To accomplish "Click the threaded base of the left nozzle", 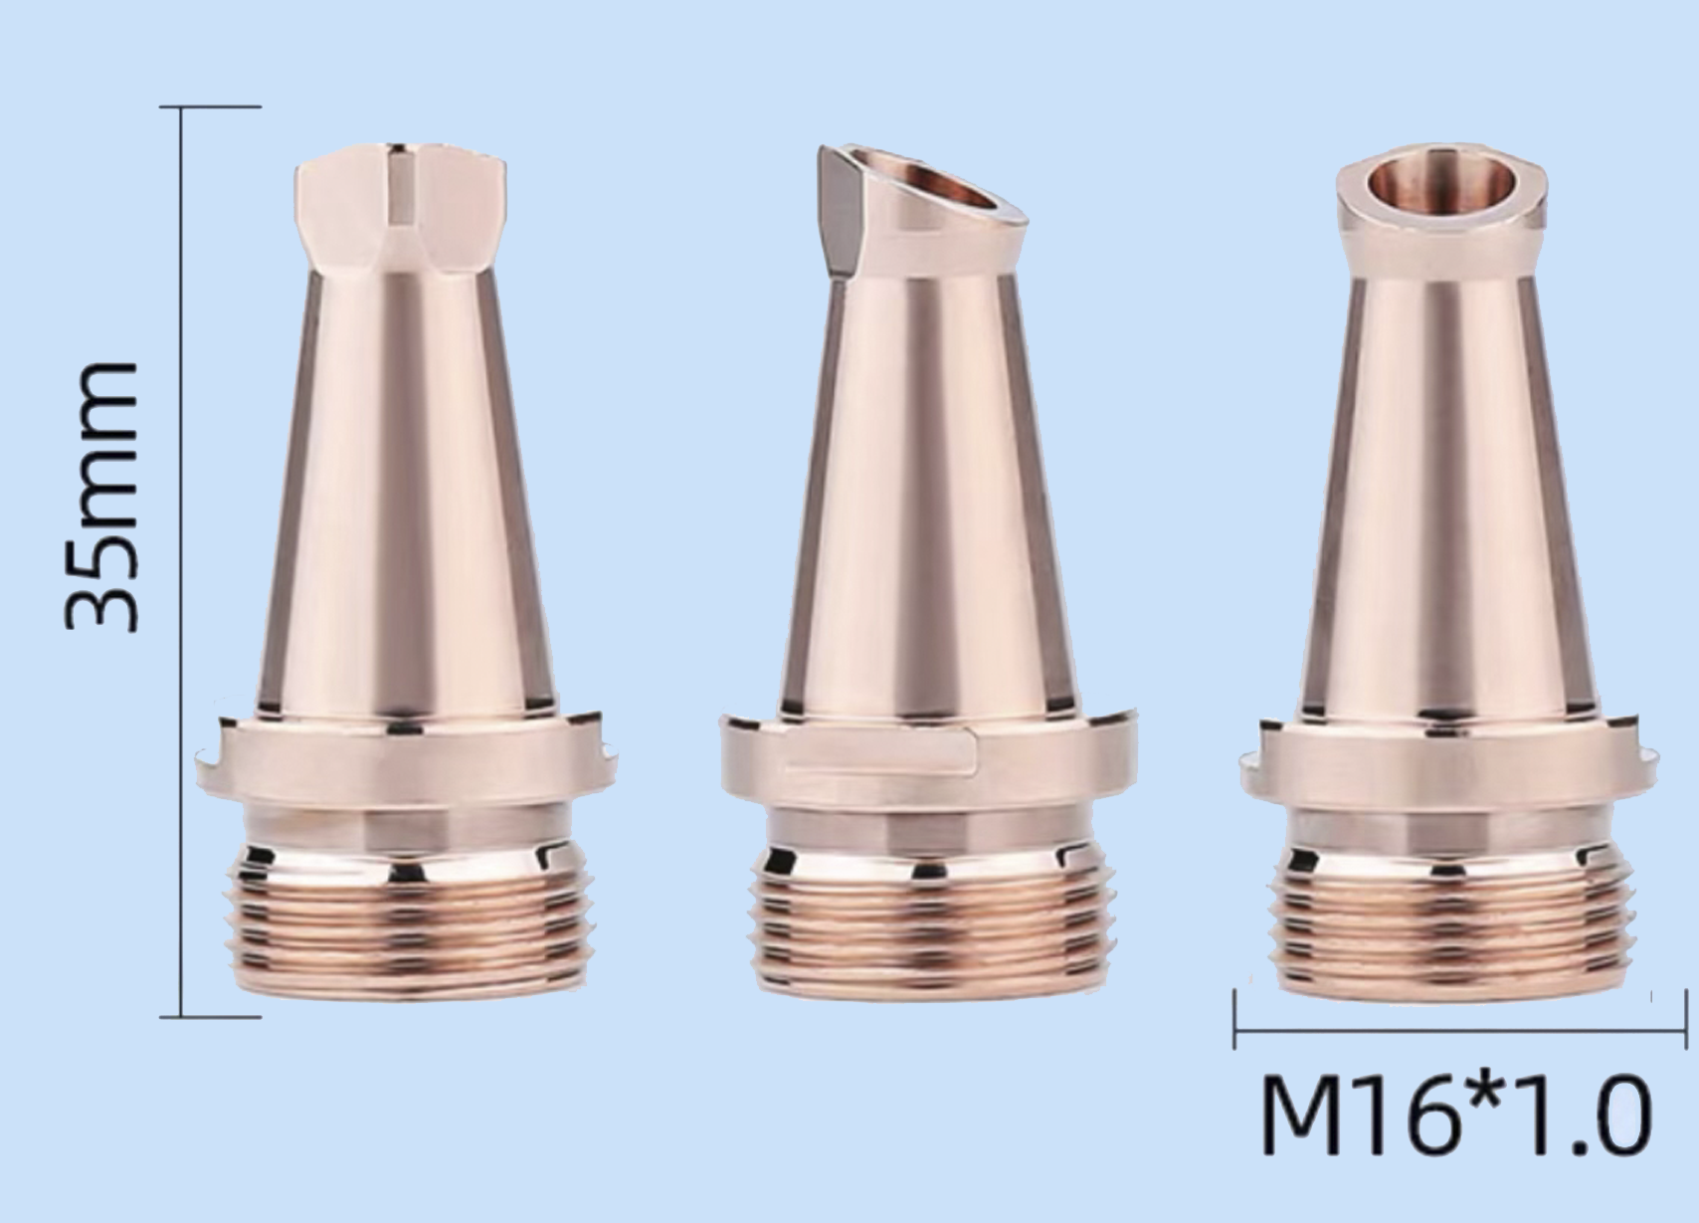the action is pyautogui.click(x=407, y=919).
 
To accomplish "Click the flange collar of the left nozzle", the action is pyautogui.click(x=407, y=758).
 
